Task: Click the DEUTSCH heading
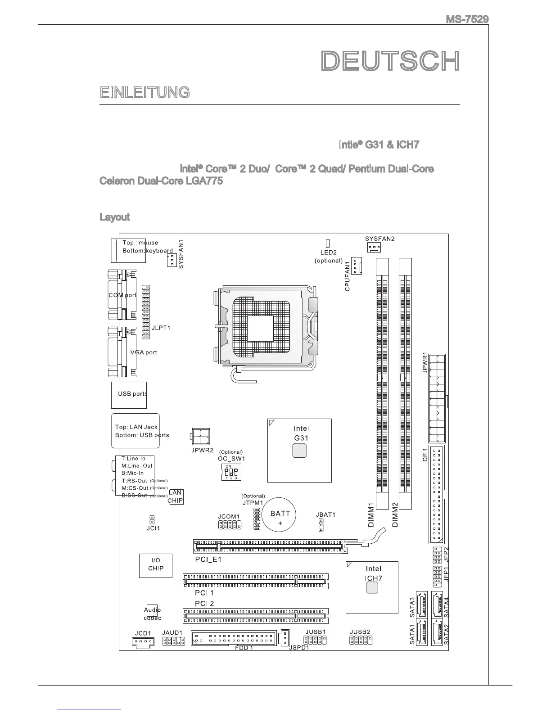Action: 390,62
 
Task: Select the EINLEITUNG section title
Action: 145,93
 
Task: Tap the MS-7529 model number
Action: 467,19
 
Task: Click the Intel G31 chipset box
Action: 300,450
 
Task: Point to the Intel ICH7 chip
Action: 372,587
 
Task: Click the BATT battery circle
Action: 280,518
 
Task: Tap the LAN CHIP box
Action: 176,497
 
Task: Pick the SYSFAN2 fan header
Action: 374,248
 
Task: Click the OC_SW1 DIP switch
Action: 231,472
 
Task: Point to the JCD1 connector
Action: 143,642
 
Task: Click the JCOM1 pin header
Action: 230,525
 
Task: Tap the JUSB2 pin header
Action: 361,641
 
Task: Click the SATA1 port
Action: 422,632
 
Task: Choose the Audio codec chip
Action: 152,614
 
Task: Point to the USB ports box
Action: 129,395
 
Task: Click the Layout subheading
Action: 114,217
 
